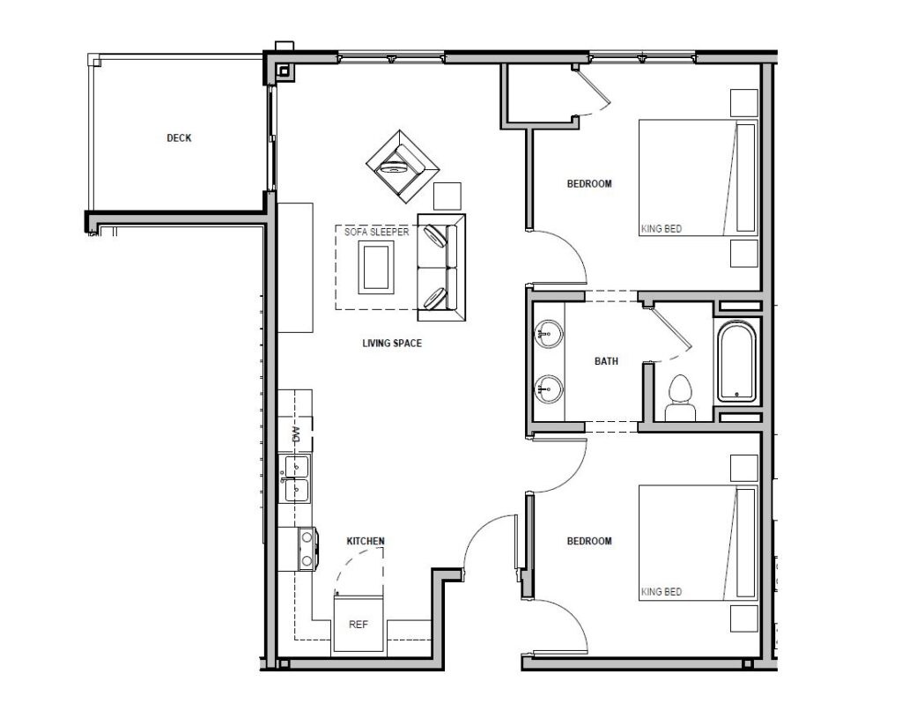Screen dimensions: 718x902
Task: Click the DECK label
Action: pyautogui.click(x=179, y=138)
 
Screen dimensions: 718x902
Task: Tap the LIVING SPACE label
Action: pyautogui.click(x=392, y=343)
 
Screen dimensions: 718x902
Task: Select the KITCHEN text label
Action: pyautogui.click(x=366, y=541)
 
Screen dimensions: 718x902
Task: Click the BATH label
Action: pyautogui.click(x=606, y=361)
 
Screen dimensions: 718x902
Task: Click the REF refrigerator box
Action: pyautogui.click(x=358, y=624)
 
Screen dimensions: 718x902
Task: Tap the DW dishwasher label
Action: pyautogui.click(x=296, y=433)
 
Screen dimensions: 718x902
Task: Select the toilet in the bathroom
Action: pyautogui.click(x=679, y=398)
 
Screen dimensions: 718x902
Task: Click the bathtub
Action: pyautogui.click(x=737, y=362)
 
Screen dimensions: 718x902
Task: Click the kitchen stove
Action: pyautogui.click(x=306, y=547)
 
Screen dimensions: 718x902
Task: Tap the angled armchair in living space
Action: pyautogui.click(x=402, y=164)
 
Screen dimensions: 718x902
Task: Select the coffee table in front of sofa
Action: pyautogui.click(x=376, y=266)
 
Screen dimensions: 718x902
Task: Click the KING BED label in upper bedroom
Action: pyautogui.click(x=661, y=229)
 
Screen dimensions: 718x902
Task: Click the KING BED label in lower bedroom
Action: pyautogui.click(x=661, y=592)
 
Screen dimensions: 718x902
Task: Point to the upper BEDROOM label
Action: pyautogui.click(x=588, y=184)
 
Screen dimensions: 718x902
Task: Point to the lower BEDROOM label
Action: pyautogui.click(x=588, y=541)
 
